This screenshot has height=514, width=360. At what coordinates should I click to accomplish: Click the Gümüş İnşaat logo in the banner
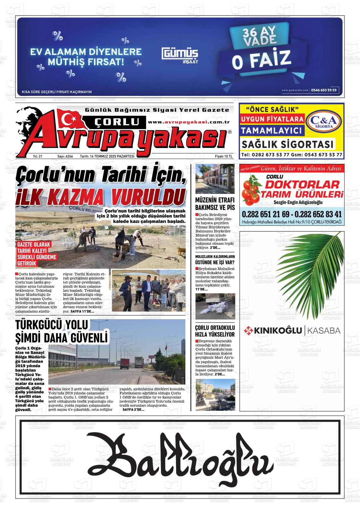coord(180,55)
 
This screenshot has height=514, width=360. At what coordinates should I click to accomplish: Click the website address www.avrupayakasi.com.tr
coord(189,122)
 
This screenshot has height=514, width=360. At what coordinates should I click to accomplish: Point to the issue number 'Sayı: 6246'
coord(65,156)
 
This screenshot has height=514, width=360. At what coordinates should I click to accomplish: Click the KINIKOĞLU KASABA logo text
coord(292,331)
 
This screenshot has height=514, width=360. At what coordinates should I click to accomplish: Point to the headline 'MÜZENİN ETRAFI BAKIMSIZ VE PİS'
coord(215,204)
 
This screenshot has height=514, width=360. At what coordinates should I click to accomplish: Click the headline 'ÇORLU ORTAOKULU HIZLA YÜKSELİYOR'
coord(215,331)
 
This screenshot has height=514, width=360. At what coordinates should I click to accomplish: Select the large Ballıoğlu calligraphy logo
coord(180,456)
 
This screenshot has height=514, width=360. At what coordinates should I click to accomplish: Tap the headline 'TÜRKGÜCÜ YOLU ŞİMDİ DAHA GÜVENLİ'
coord(62,331)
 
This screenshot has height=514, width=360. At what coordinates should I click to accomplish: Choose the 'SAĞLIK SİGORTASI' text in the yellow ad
coord(288,145)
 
